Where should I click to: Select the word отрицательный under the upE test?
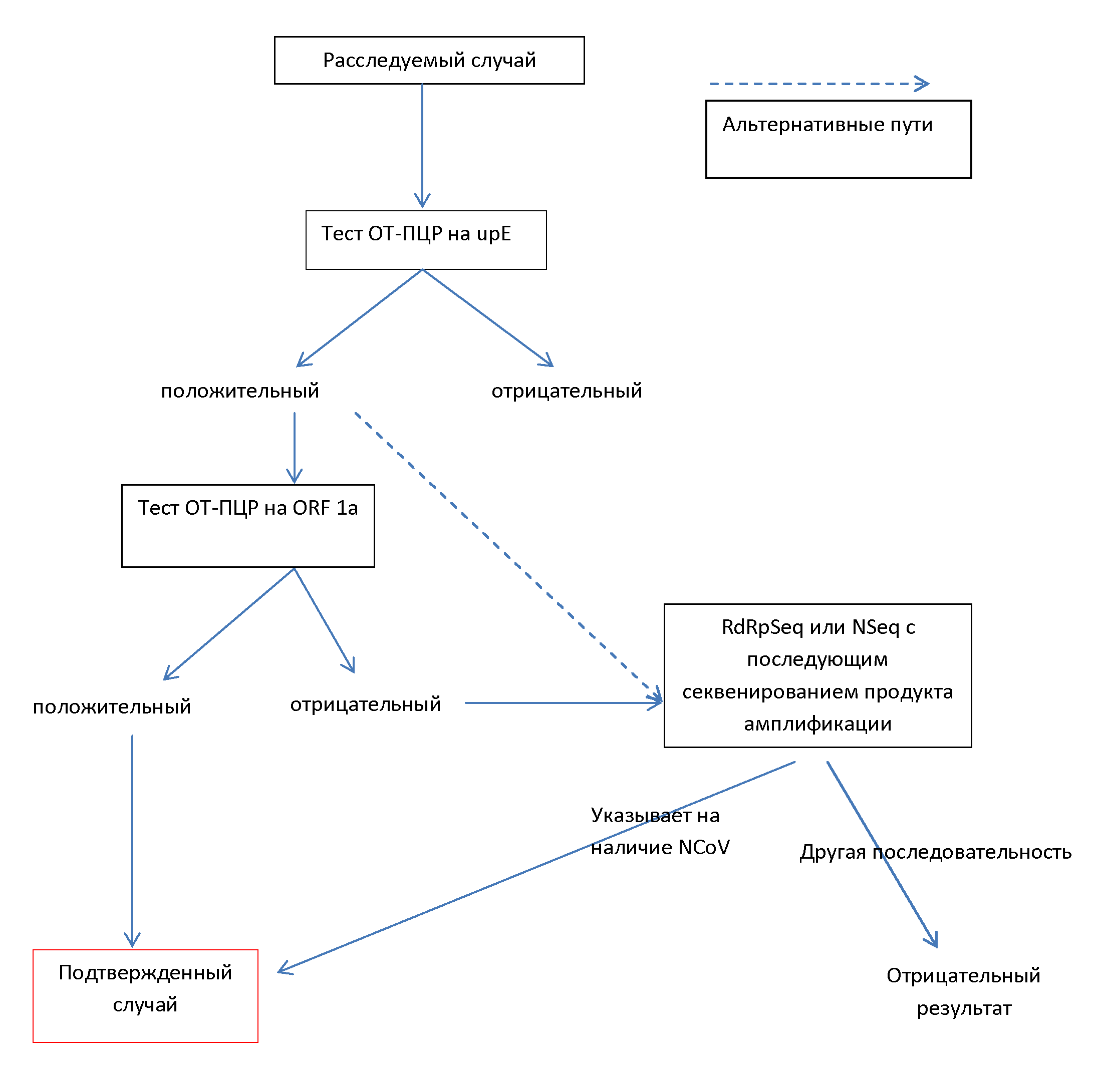click(x=567, y=391)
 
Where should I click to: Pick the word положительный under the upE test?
click(x=240, y=391)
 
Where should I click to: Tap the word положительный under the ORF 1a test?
click(x=112, y=706)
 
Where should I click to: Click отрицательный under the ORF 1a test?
click(x=366, y=704)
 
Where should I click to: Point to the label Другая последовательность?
click(x=936, y=852)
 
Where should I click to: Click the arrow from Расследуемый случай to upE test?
click(x=422, y=146)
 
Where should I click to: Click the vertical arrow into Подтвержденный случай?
click(x=132, y=841)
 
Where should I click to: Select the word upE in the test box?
click(x=493, y=234)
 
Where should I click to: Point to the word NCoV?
click(x=704, y=847)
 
